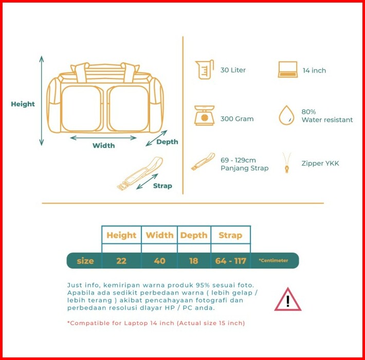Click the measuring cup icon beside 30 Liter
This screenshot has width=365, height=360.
[x=204, y=70]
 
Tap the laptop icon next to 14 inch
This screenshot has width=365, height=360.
[x=288, y=70]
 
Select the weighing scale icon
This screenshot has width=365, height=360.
[x=204, y=116]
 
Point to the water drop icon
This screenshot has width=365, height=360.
[x=286, y=115]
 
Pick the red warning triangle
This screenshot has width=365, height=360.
[x=287, y=300]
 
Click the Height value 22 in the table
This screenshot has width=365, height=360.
[x=121, y=261]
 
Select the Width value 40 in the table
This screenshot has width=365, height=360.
[x=159, y=261]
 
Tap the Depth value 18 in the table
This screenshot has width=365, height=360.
[x=193, y=261]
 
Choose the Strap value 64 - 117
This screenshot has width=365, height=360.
[x=231, y=261]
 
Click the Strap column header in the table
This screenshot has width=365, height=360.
[x=230, y=236]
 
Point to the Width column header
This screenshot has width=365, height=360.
[x=159, y=236]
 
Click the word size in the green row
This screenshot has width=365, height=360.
[x=85, y=261]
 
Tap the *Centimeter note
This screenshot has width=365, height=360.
[x=273, y=261]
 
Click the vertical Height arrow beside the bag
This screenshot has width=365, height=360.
[x=42, y=101]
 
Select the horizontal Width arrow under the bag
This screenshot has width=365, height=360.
[x=103, y=138]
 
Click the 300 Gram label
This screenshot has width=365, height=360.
[x=237, y=119]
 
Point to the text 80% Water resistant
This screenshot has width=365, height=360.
[x=327, y=116]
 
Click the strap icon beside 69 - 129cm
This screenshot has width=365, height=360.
[x=203, y=161]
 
